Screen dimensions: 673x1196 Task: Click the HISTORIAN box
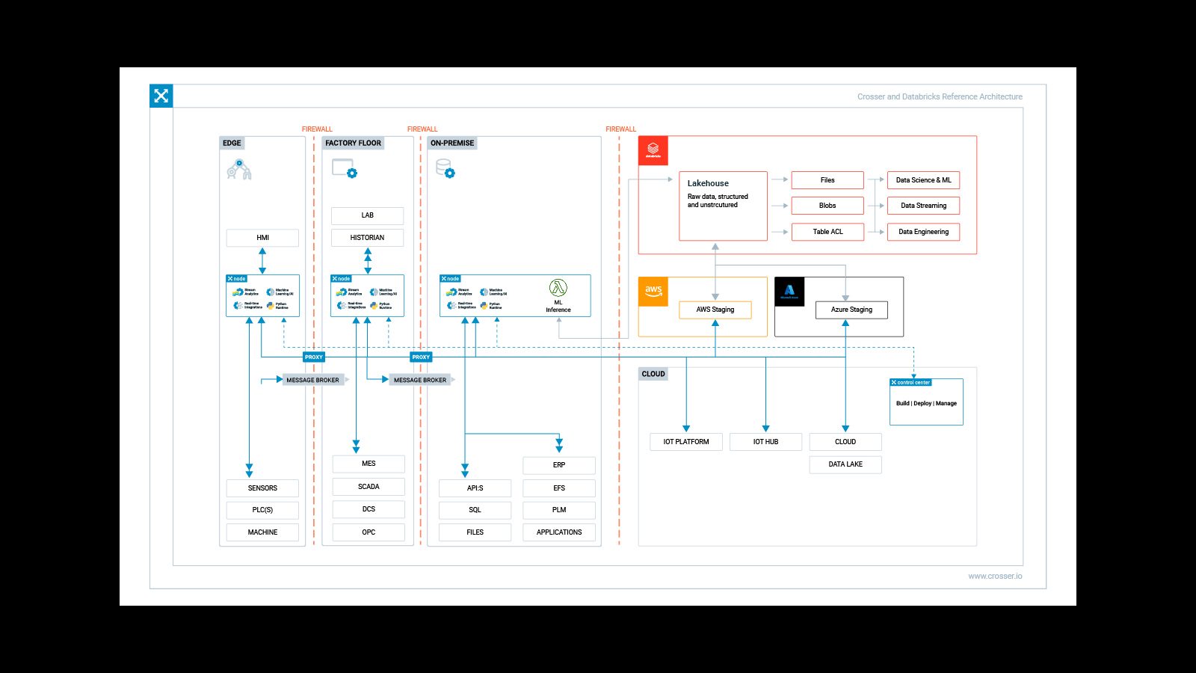[367, 238]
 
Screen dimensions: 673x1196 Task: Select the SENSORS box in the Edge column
[262, 488]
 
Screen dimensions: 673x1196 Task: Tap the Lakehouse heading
[708, 183]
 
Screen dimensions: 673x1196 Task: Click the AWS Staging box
[715, 310]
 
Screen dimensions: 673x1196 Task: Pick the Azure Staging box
[851, 310]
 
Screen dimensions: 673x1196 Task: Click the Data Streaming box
[923, 206]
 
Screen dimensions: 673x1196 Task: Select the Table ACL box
[827, 232]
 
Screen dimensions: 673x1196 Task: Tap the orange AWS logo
[653, 292]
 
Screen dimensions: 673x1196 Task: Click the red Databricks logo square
[653, 150]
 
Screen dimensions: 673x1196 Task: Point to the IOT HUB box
[765, 442]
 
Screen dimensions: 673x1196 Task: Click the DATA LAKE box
[845, 464]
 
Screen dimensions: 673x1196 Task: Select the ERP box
[559, 465]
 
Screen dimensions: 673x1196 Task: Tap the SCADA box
[369, 487]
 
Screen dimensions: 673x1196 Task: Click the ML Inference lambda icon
[558, 288]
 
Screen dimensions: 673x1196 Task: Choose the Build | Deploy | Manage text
[926, 404]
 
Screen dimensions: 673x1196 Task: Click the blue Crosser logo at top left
[161, 96]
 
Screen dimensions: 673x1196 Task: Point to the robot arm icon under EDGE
[239, 170]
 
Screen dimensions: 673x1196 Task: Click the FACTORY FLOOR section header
[353, 143]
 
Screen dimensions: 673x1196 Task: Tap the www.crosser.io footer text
[995, 576]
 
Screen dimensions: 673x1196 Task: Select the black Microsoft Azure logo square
[789, 292]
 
